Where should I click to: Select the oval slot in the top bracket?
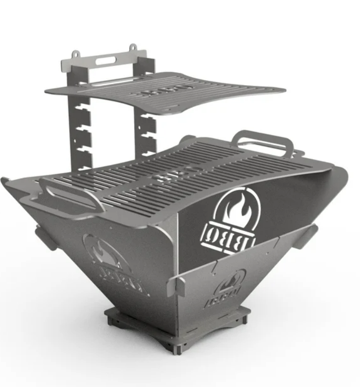105,61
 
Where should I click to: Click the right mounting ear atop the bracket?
133,49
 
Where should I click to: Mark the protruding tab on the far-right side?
306,237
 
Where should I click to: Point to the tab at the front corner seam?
176,285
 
